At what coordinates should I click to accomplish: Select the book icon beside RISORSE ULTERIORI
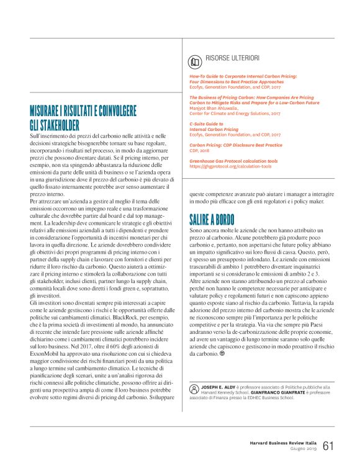pyautogui.click(x=195, y=61)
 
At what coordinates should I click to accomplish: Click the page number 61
pyautogui.click(x=328, y=446)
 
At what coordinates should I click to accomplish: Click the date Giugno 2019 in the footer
pyautogui.click(x=304, y=449)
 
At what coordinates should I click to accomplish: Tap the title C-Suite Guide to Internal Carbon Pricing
pyautogui.click(x=214, y=127)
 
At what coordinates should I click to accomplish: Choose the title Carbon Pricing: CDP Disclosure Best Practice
pyautogui.click(x=236, y=145)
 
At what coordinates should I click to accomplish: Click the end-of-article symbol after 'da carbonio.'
pyautogui.click(x=222, y=353)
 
